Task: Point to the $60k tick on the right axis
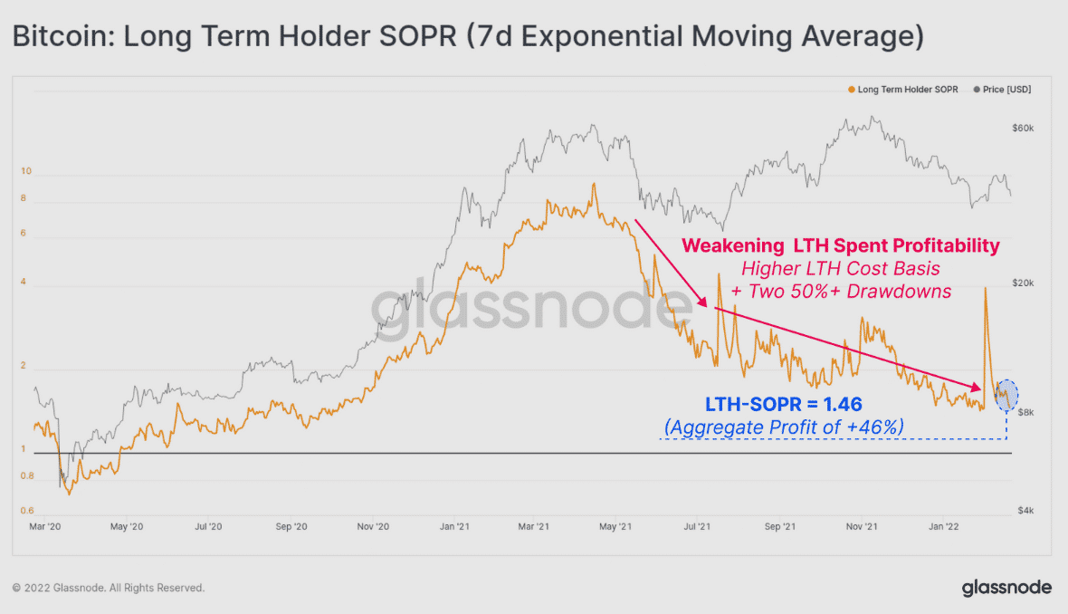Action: [x=1023, y=129]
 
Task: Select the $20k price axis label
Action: [x=1023, y=284]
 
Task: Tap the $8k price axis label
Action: [x=1020, y=412]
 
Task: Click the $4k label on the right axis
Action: [x=1020, y=511]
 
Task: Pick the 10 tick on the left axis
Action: [x=26, y=170]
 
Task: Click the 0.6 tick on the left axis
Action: [x=27, y=511]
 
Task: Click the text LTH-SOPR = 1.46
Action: [x=783, y=404]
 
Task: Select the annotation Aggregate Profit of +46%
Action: [x=784, y=427]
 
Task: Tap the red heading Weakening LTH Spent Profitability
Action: [x=840, y=245]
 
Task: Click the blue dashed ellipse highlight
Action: [x=1006, y=395]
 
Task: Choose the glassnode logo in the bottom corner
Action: [x=1006, y=588]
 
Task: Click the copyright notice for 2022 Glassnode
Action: [x=109, y=588]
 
